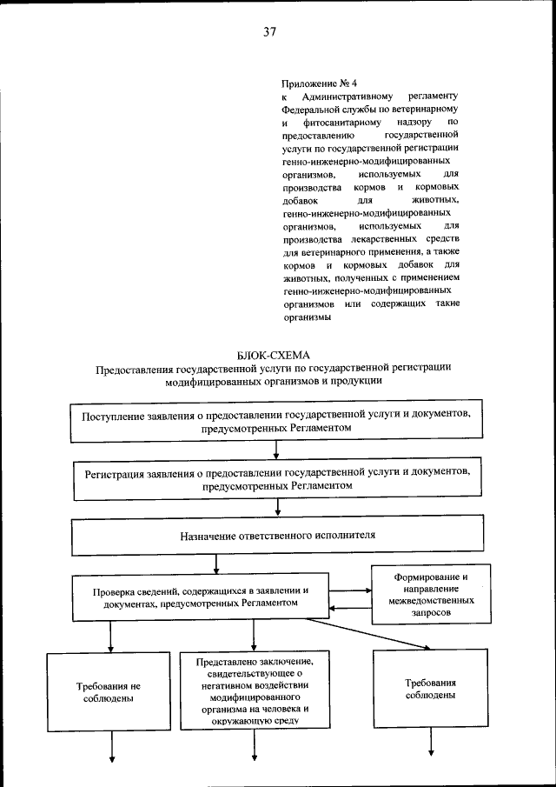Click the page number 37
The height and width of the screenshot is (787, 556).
pos(269,32)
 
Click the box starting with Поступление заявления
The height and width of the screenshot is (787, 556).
pos(276,422)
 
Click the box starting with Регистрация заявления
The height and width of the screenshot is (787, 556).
pos(276,479)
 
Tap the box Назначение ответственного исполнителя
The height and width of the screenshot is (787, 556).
pos(276,537)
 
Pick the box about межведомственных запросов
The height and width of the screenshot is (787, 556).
pos(430,595)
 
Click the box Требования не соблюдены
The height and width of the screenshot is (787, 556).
pos(109,692)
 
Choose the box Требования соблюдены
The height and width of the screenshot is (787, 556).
pos(431,690)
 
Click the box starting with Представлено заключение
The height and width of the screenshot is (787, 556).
pos(254,690)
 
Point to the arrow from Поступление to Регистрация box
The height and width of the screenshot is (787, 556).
pos(276,450)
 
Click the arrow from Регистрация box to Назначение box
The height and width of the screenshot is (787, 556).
pos(276,508)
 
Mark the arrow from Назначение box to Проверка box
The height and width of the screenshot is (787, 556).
pos(276,564)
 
